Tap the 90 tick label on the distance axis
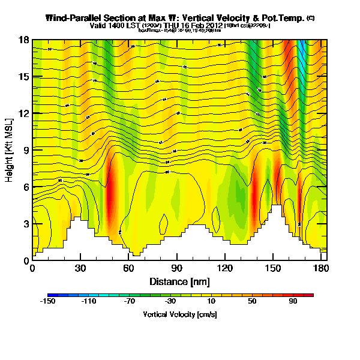click(x=176, y=269)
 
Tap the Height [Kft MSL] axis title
click(x=10, y=150)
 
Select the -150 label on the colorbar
click(x=48, y=302)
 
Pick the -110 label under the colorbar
click(x=89, y=302)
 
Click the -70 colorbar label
click(x=130, y=302)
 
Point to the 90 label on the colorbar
click(x=293, y=302)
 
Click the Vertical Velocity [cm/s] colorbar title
click(x=179, y=314)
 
